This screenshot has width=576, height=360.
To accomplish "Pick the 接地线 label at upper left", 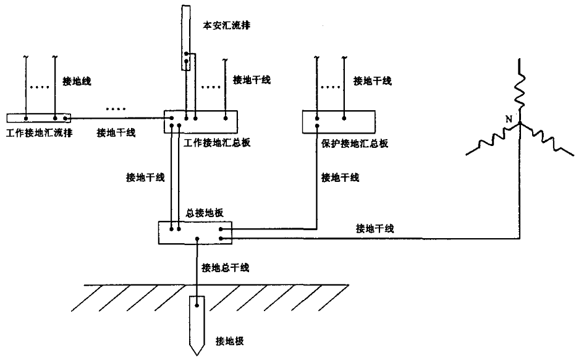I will [x=77, y=80].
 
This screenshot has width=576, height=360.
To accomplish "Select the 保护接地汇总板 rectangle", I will [x=338, y=121].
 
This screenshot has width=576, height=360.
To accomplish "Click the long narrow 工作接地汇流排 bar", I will [x=38, y=118].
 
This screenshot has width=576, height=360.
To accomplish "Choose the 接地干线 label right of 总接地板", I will [x=375, y=228].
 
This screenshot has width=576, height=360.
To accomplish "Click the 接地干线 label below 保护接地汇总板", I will [x=341, y=178].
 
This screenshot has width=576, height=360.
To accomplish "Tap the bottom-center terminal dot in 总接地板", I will [x=197, y=238].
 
